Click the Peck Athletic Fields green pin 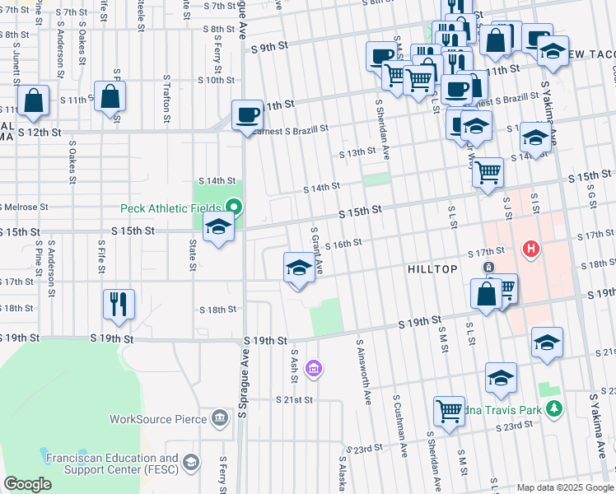click(x=234, y=207)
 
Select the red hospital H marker click(x=531, y=247)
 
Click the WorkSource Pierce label click(x=159, y=419)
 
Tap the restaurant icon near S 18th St click(x=119, y=304)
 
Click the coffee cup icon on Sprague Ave click(x=246, y=114)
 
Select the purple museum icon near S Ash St click(x=312, y=367)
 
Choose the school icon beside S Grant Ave click(x=299, y=268)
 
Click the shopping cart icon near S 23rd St click(x=449, y=410)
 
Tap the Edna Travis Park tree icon click(x=555, y=408)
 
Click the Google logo click(x=27, y=484)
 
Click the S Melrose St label click(x=25, y=207)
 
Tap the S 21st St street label click(x=294, y=399)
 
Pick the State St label click(x=192, y=254)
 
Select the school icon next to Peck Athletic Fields click(x=218, y=227)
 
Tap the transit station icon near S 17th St click(x=488, y=268)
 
